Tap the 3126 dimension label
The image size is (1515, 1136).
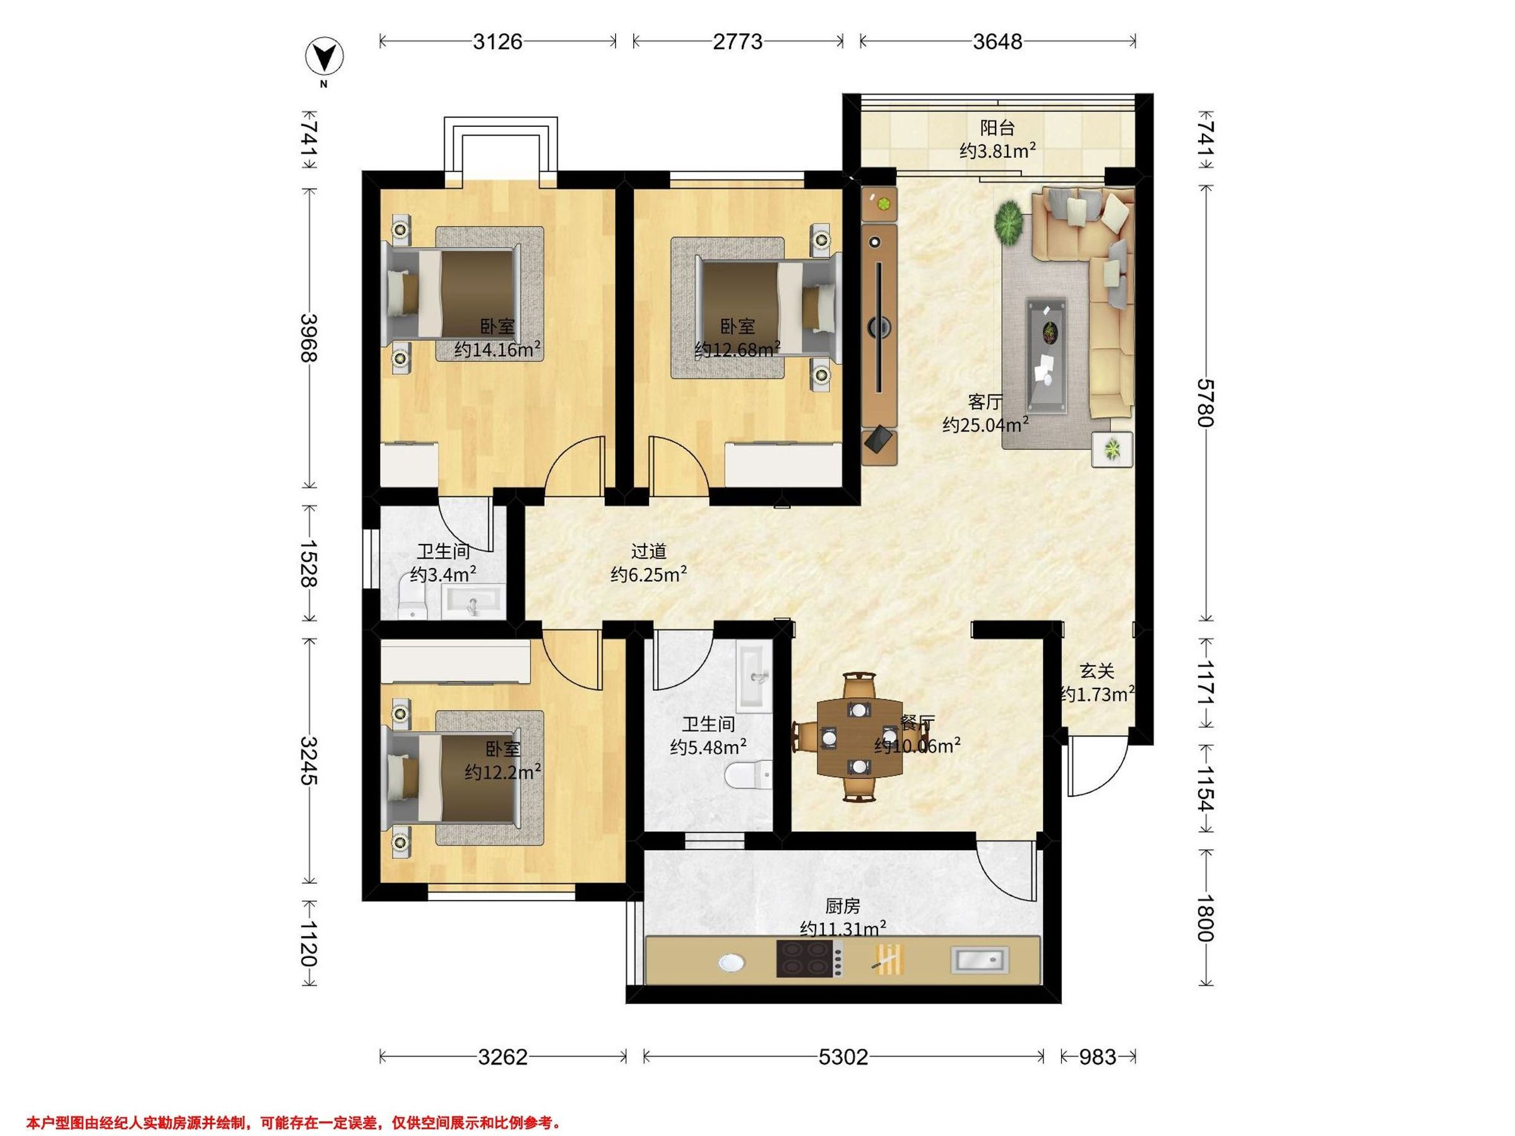click(498, 42)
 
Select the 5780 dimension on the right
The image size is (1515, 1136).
click(1206, 403)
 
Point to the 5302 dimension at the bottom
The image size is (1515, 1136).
click(843, 1057)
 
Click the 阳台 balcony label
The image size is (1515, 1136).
click(997, 127)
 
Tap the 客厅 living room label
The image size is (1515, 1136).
click(985, 401)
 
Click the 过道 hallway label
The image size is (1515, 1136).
click(648, 550)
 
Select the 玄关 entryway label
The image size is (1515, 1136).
click(1097, 671)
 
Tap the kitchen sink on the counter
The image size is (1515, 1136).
click(980, 959)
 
